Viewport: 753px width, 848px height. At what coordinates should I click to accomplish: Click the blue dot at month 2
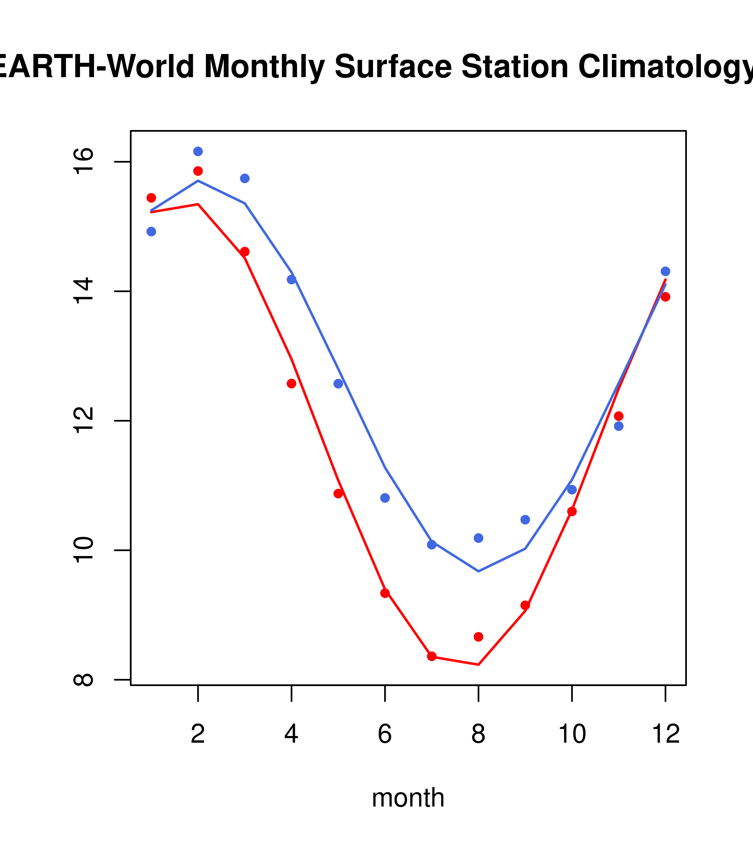click(x=198, y=151)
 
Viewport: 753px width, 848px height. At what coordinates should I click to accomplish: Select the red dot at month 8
click(x=478, y=637)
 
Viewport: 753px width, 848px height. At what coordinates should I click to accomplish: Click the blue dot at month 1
click(x=151, y=231)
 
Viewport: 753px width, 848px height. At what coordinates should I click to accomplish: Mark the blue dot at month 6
click(x=385, y=498)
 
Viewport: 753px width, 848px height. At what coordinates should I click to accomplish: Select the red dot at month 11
click(x=619, y=416)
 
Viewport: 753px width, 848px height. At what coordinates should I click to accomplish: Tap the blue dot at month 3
click(x=245, y=178)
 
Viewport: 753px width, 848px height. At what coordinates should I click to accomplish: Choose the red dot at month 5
click(x=338, y=494)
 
